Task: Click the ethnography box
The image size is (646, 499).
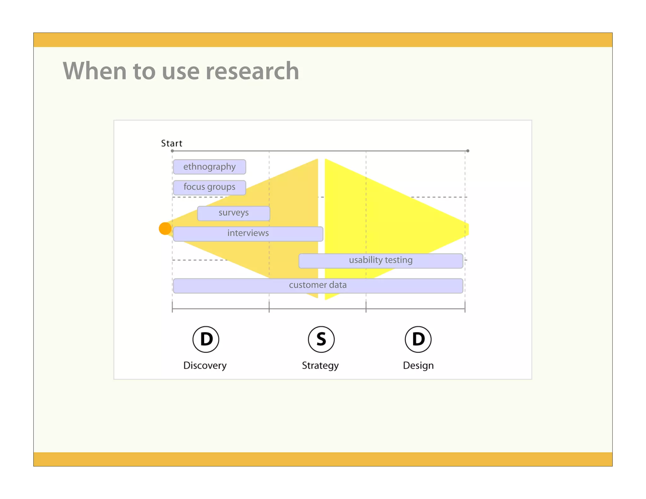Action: point(209,167)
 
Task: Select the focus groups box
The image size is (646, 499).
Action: point(209,187)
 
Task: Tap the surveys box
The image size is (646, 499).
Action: point(233,213)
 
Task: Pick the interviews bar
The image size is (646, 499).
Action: point(248,234)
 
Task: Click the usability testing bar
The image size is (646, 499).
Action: point(381,261)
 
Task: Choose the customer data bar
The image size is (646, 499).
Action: point(318,285)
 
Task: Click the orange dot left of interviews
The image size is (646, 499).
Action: point(165,228)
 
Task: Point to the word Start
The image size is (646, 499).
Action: point(172,144)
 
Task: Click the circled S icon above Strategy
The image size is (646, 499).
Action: point(321,339)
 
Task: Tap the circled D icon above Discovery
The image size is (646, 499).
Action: point(206,339)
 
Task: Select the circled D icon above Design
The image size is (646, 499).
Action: point(418,339)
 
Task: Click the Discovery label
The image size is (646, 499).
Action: point(205,365)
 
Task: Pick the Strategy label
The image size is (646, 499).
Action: point(320,365)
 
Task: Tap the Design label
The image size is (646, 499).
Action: point(418,365)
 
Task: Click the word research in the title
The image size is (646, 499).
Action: point(252,71)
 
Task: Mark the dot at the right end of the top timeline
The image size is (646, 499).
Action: point(468,151)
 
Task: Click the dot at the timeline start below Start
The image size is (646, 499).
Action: point(172,151)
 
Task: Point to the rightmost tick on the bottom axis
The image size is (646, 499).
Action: point(465,307)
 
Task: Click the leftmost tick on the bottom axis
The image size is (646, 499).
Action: point(172,307)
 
